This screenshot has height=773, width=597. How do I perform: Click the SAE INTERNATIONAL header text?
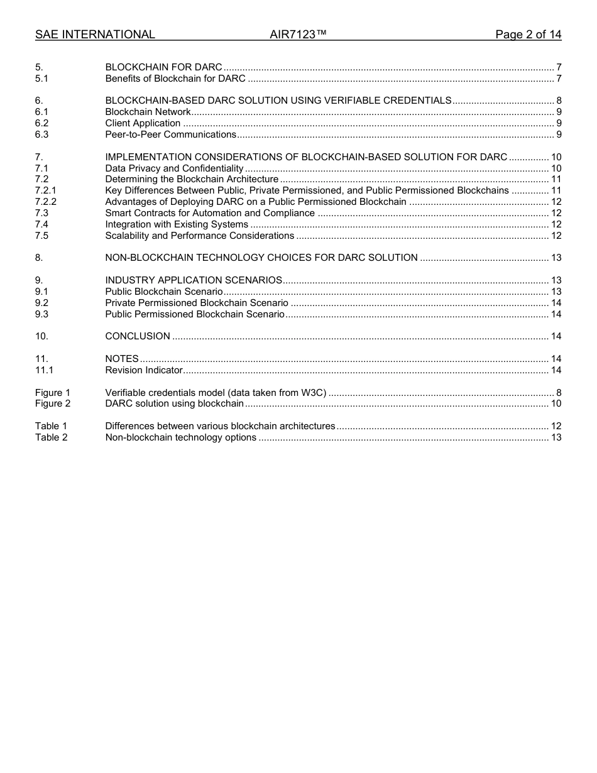click(95, 35)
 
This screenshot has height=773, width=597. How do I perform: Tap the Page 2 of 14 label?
click(528, 35)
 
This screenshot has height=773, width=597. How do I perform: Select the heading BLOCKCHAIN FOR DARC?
click(163, 67)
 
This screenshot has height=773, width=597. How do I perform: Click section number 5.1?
click(41, 79)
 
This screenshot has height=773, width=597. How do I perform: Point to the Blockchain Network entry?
click(148, 112)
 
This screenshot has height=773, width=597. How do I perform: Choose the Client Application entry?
click(143, 123)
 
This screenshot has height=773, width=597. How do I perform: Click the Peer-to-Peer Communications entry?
click(170, 134)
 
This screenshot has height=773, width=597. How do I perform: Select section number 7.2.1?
click(45, 190)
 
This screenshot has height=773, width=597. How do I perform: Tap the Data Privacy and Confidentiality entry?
click(174, 168)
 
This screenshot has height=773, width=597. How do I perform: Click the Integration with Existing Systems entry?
click(177, 224)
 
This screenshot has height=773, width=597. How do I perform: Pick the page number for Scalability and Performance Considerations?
click(556, 236)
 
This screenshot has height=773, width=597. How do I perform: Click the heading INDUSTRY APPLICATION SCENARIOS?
click(194, 280)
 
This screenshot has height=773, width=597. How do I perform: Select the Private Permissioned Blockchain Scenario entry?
click(197, 303)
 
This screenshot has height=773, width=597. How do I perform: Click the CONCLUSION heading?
click(138, 336)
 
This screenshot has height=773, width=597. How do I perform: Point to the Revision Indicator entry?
click(144, 370)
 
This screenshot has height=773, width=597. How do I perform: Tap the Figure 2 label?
click(53, 403)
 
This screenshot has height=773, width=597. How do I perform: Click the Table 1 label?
click(51, 426)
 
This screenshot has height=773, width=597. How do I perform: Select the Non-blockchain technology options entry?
click(180, 437)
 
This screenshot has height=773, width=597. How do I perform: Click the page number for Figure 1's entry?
click(559, 393)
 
